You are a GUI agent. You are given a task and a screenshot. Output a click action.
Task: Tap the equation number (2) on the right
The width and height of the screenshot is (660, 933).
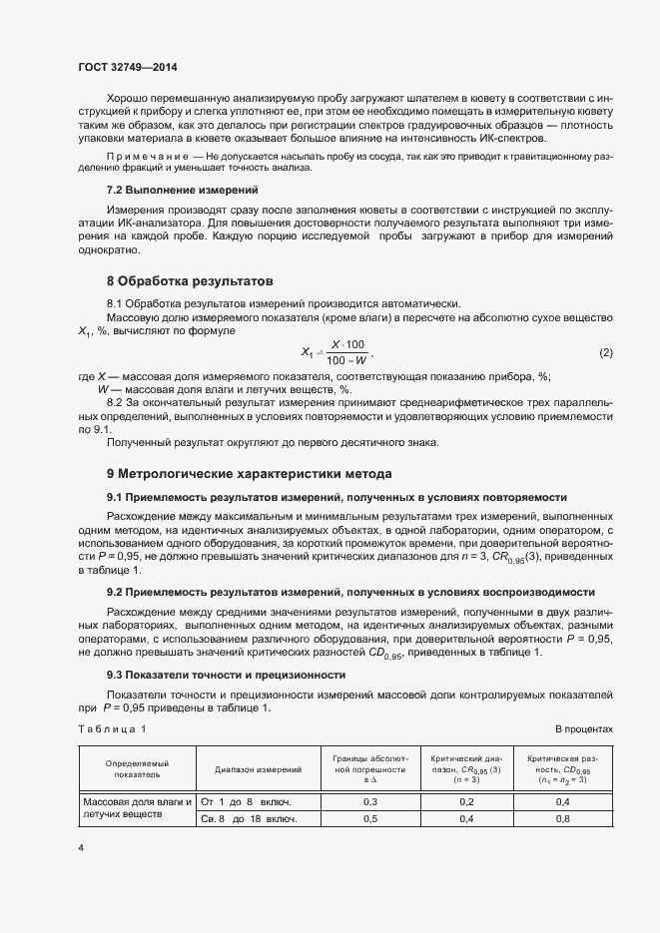tap(606, 353)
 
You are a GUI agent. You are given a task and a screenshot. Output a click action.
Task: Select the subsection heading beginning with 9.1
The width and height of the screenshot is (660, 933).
tap(336, 496)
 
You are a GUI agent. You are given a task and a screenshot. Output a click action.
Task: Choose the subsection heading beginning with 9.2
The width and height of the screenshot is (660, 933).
tap(350, 592)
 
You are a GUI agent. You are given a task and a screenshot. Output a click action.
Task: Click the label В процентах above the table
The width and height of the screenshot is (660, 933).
tap(584, 729)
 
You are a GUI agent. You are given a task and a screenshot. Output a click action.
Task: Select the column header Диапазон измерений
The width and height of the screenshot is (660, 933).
tap(259, 770)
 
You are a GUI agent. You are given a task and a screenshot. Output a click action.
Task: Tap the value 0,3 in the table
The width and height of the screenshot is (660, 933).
tap(369, 801)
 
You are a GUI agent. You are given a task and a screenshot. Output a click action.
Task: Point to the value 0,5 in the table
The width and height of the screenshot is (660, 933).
tap(369, 818)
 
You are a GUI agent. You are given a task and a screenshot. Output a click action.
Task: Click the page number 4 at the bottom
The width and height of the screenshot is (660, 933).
tap(81, 847)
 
